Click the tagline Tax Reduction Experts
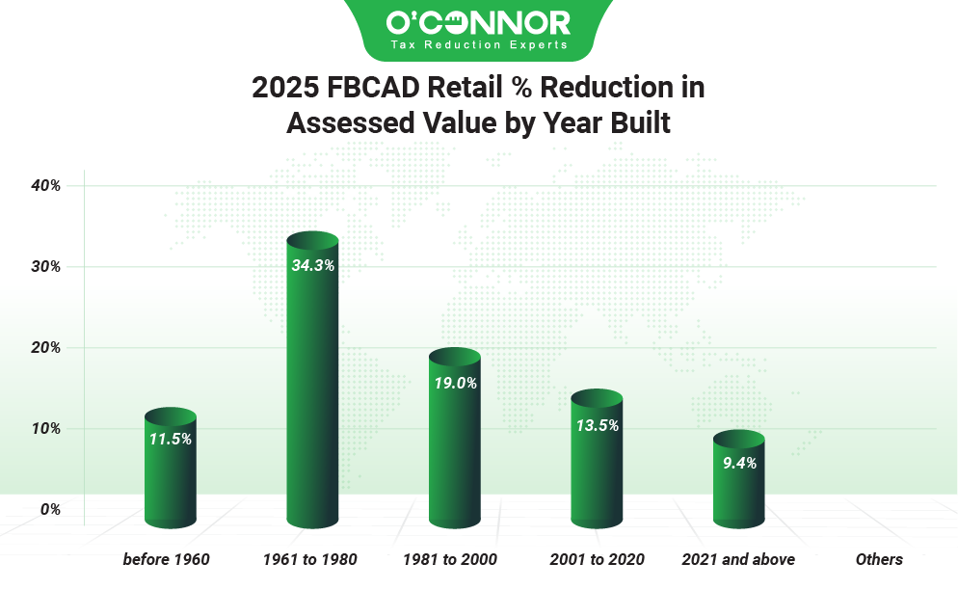click(478, 45)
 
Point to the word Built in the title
click(633, 123)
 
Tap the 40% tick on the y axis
click(45, 185)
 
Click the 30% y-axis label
click(45, 266)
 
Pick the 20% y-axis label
click(45, 347)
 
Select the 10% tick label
click(45, 428)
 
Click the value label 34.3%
click(312, 265)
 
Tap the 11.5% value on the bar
click(171, 439)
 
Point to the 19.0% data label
click(454, 383)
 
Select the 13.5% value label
click(597, 424)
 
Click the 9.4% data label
click(739, 463)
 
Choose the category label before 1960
click(167, 559)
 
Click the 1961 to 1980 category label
click(310, 559)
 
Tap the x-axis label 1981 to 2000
click(451, 559)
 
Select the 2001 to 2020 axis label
click(597, 559)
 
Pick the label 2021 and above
click(738, 559)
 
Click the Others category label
click(879, 559)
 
